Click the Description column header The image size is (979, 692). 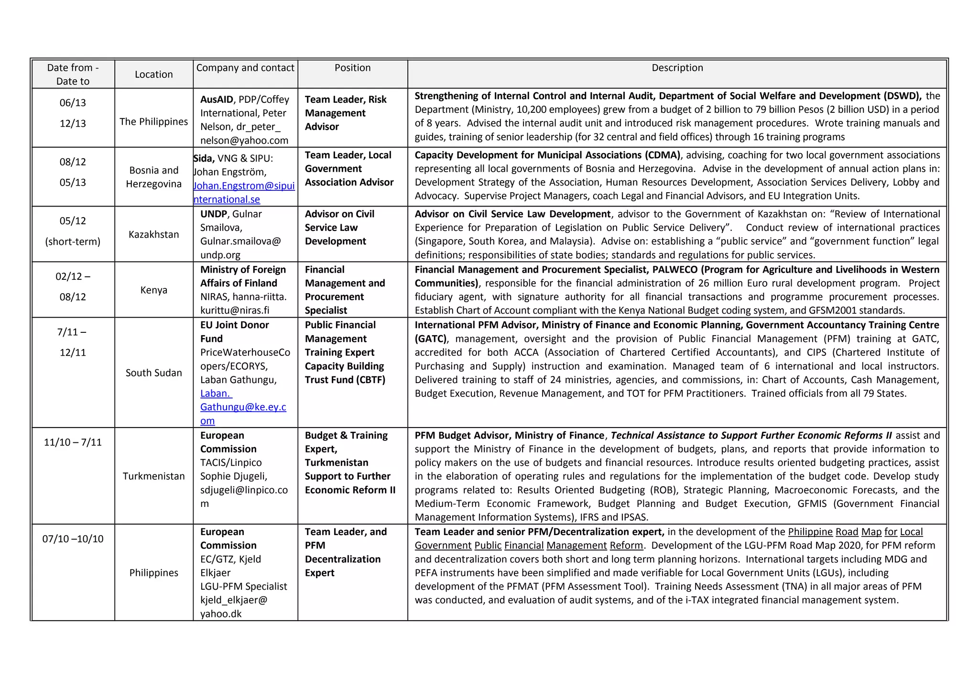(x=677, y=68)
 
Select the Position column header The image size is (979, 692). (x=352, y=68)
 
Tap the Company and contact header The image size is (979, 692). (x=245, y=68)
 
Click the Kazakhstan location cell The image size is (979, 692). (x=153, y=234)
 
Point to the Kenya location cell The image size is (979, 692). (x=153, y=290)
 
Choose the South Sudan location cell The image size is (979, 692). (x=153, y=373)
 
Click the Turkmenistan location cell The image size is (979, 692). (x=153, y=476)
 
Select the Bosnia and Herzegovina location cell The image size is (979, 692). (x=153, y=177)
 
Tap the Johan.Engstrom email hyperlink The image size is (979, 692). (x=244, y=186)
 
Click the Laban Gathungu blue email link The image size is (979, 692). (x=243, y=407)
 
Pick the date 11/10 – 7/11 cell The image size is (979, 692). (x=73, y=442)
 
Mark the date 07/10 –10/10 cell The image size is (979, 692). (x=73, y=538)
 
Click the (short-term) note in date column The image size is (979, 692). (x=73, y=242)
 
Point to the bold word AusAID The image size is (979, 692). (x=217, y=99)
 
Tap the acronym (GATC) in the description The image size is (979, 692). (x=431, y=339)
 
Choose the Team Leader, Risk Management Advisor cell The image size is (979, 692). (x=345, y=113)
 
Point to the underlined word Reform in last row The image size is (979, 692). (x=626, y=545)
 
